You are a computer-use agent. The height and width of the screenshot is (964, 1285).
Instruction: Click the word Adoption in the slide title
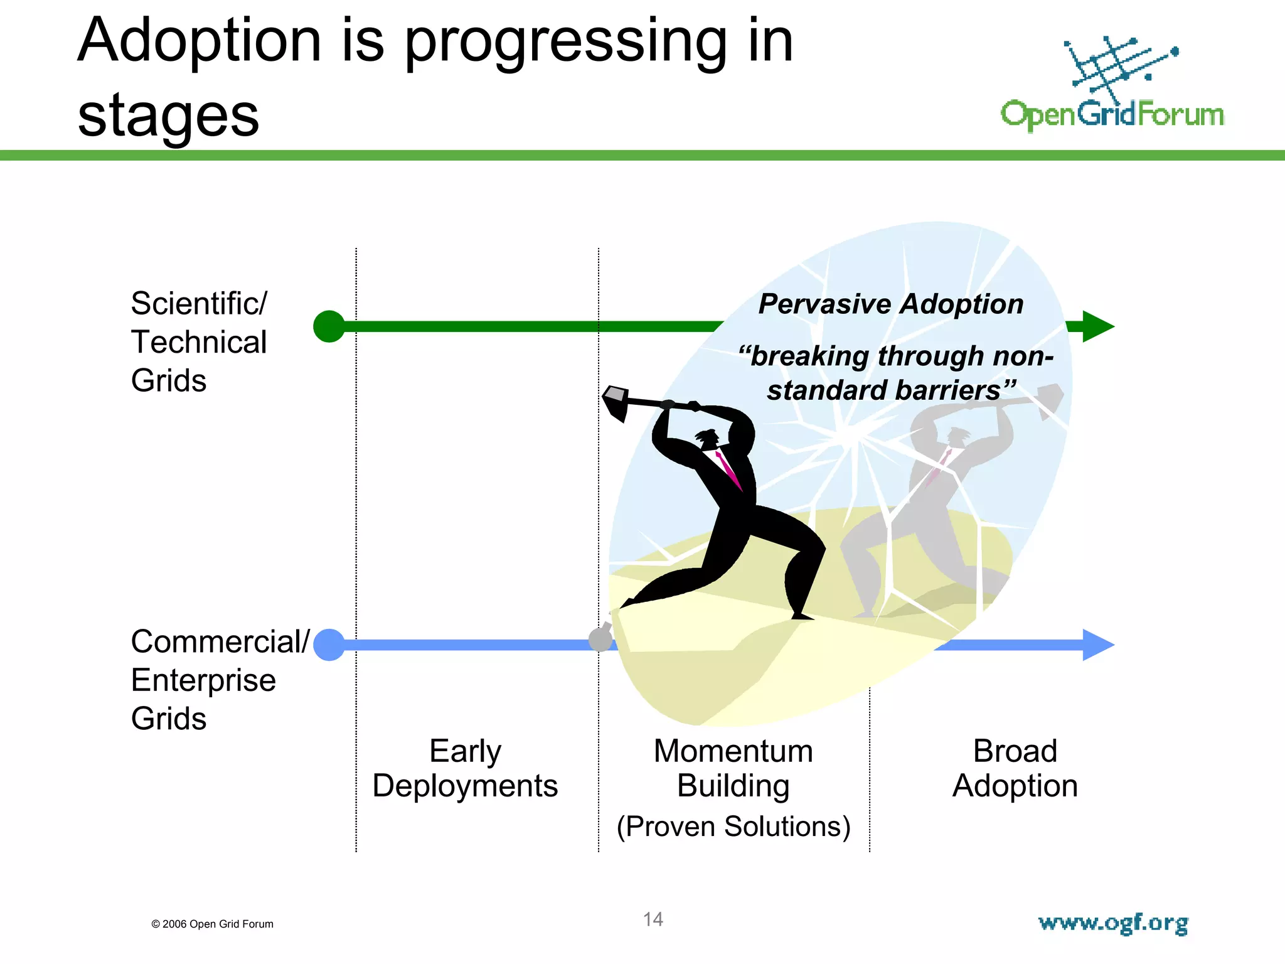[x=200, y=41]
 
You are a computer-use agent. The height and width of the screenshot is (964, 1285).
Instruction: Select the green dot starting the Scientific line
[x=329, y=326]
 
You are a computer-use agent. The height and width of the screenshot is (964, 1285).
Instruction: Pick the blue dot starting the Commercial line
[x=329, y=645]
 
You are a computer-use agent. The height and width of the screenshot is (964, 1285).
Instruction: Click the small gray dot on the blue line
[x=600, y=639]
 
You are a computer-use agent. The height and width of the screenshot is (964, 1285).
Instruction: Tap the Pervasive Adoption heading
[x=891, y=304]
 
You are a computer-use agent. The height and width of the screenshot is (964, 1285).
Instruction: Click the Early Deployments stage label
[x=465, y=768]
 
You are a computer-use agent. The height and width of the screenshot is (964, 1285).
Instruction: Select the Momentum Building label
[x=733, y=768]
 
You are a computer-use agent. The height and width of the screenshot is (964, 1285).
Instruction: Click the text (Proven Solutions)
[x=733, y=827]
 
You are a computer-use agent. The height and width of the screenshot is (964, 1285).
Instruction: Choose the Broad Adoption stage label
[x=1015, y=768]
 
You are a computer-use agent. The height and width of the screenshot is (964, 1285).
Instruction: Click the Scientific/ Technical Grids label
[x=199, y=342]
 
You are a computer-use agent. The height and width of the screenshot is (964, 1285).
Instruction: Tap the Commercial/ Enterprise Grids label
[x=213, y=680]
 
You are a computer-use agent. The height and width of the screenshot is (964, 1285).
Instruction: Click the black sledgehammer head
[x=616, y=402]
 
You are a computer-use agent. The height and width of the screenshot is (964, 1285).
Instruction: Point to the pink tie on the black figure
[x=728, y=469]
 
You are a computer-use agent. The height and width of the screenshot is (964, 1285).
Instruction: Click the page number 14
[x=653, y=919]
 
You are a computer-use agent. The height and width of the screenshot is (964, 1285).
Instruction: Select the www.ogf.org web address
[x=1113, y=923]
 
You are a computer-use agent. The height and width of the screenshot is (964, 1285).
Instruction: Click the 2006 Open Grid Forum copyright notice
[x=212, y=924]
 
